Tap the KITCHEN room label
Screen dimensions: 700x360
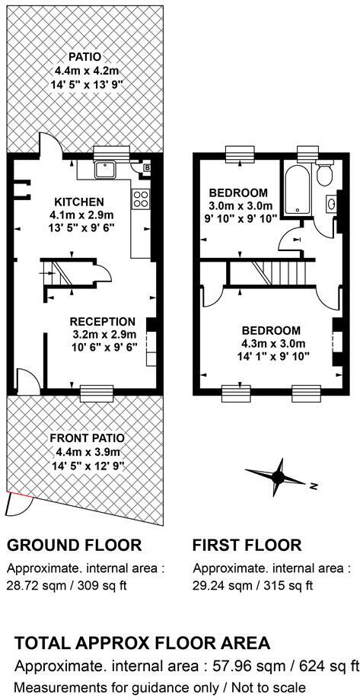click(x=79, y=202)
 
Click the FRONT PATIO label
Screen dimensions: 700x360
click(x=87, y=437)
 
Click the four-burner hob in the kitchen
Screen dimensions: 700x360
click(x=142, y=199)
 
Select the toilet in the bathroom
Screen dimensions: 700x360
click(x=326, y=175)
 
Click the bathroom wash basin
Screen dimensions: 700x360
click(x=333, y=204)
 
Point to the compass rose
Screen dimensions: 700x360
click(x=277, y=477)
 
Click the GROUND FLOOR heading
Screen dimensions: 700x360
click(x=74, y=545)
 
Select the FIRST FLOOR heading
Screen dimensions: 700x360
click(x=247, y=545)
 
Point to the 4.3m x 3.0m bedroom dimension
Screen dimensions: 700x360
click(x=270, y=343)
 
